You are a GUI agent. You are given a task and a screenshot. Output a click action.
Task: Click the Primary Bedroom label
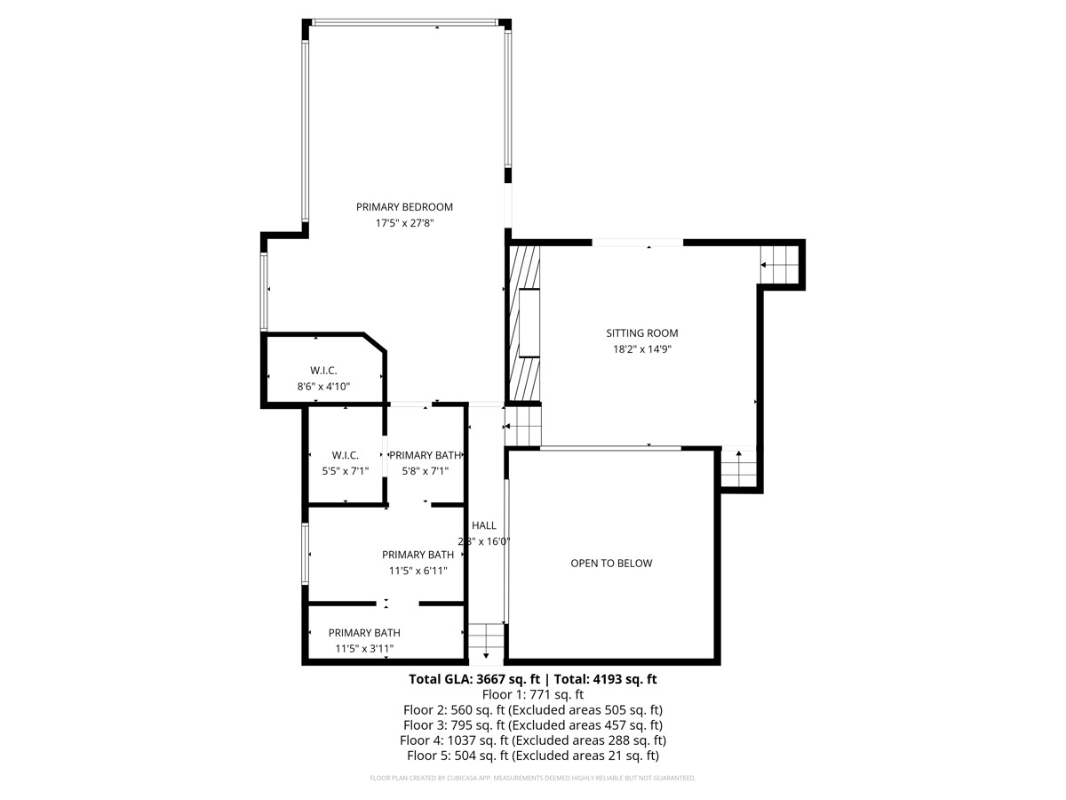[404, 207]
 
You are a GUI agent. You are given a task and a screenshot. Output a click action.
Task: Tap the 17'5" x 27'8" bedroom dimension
[404, 223]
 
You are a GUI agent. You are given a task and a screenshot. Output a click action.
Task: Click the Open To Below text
[611, 564]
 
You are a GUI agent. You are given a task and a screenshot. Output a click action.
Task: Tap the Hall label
[484, 525]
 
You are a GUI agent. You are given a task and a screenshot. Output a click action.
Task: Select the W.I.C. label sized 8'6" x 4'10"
[323, 370]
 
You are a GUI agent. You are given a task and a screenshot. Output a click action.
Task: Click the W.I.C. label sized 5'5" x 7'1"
[345, 455]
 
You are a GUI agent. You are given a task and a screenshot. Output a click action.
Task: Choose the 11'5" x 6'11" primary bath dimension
[418, 571]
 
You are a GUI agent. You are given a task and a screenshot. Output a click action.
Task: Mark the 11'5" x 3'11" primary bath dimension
[364, 649]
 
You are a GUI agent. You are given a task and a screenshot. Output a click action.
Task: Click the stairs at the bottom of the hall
[486, 637]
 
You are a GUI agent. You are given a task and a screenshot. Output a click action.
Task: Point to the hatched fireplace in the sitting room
[523, 324]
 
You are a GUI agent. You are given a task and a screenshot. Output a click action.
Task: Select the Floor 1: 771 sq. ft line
[533, 695]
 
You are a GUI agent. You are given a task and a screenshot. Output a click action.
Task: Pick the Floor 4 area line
[533, 740]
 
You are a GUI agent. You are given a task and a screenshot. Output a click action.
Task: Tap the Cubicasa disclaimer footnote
[533, 779]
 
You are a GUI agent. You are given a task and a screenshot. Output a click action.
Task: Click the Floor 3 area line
[533, 725]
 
